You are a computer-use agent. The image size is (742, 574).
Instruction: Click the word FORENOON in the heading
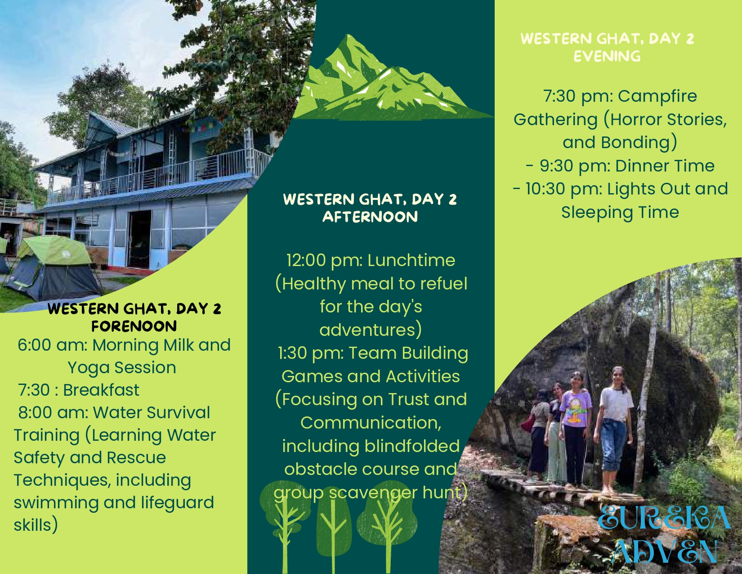click(134, 326)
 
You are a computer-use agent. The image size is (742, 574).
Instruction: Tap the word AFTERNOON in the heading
click(370, 217)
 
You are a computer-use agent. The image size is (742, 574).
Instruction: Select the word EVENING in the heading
click(607, 56)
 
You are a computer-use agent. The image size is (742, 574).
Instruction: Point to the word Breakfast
click(101, 390)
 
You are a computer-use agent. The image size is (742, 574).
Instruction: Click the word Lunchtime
click(411, 261)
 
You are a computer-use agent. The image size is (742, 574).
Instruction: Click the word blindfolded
click(412, 446)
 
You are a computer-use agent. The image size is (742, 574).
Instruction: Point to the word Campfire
click(657, 96)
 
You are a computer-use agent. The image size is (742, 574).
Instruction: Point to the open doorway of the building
click(139, 240)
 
